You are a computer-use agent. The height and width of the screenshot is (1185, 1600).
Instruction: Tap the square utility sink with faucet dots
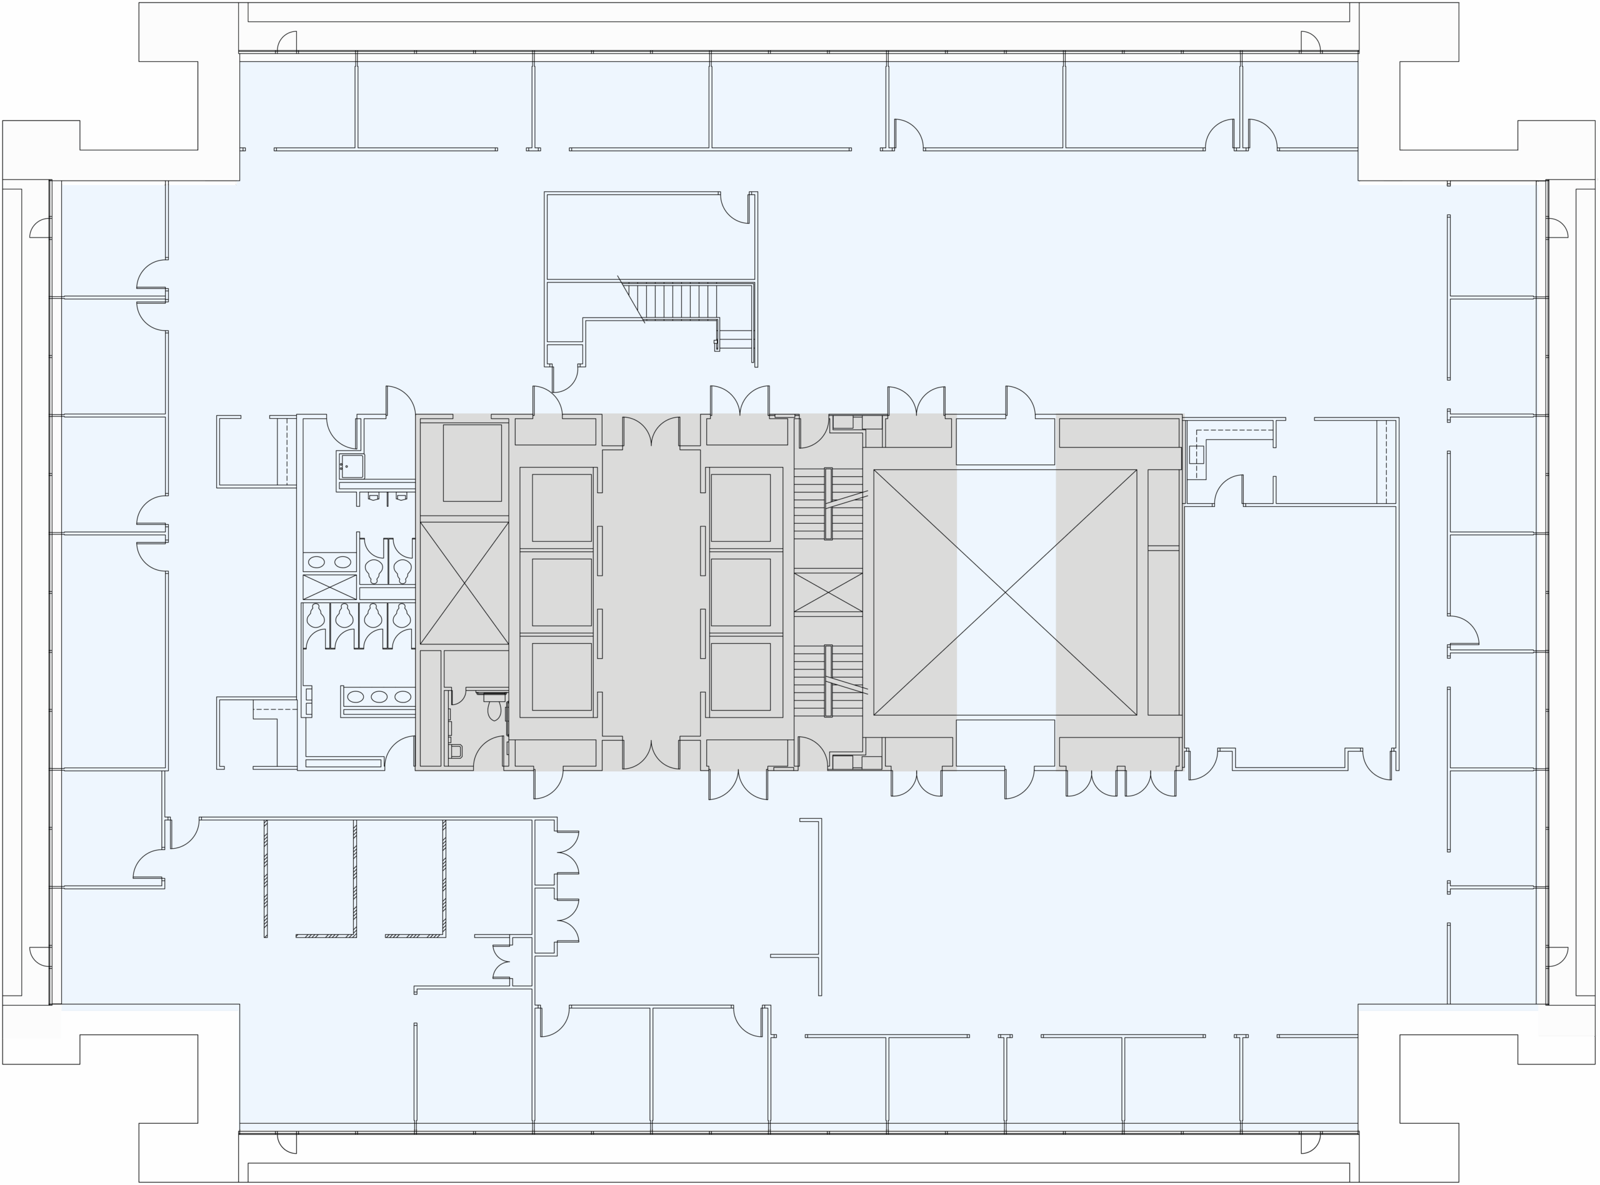tap(351, 466)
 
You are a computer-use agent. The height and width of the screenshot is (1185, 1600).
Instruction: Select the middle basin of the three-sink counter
tap(379, 696)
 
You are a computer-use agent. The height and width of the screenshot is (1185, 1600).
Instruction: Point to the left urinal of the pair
tap(374, 496)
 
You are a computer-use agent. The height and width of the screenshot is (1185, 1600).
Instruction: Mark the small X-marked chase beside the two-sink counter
tap(329, 587)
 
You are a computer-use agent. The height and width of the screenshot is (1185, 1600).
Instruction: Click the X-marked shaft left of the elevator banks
tap(463, 582)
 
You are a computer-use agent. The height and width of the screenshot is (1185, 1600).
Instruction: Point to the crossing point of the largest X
tap(1005, 593)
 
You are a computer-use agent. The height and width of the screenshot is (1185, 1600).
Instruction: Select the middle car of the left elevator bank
tap(561, 592)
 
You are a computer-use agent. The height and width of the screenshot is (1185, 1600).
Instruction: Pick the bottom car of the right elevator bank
tap(740, 676)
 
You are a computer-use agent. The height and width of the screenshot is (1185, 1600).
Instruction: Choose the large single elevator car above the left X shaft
tap(472, 462)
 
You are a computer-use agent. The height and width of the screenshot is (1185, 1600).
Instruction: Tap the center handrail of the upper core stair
tap(827, 504)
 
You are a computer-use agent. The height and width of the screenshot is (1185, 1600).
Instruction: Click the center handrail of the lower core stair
tap(827, 681)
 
